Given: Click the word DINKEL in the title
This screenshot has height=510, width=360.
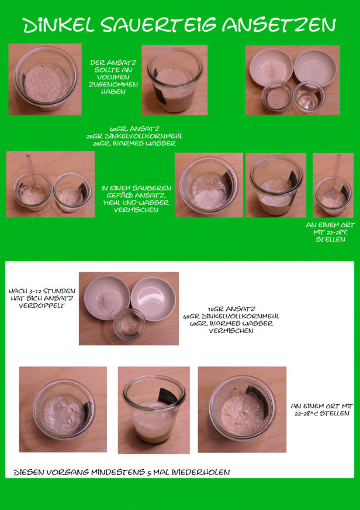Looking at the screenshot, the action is click(x=58, y=25).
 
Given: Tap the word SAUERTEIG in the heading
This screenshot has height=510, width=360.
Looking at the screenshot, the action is click(x=158, y=25).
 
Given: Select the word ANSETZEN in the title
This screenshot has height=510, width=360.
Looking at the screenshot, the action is click(x=279, y=25).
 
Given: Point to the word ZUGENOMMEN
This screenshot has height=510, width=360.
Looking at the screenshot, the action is click(x=113, y=85).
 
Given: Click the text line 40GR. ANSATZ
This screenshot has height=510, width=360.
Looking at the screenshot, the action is click(x=134, y=129).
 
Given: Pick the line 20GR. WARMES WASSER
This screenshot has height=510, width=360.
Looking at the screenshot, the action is click(x=134, y=144).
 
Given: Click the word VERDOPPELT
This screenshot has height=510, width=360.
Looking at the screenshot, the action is click(x=41, y=306).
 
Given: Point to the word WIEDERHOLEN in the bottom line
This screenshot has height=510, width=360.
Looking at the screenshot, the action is click(x=201, y=472).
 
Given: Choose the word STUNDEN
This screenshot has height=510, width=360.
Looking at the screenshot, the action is click(x=59, y=291).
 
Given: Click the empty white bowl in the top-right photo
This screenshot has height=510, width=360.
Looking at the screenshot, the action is click(x=315, y=68).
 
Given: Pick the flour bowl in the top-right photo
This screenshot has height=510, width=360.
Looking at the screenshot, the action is click(x=271, y=68).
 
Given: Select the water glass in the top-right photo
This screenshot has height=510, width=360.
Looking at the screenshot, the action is click(x=309, y=97).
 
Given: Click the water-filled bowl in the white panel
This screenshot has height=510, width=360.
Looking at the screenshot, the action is click(x=153, y=299).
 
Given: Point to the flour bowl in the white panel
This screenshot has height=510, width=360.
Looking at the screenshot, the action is click(x=107, y=298).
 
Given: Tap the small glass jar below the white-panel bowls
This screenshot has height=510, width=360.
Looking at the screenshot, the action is click(x=130, y=324).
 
